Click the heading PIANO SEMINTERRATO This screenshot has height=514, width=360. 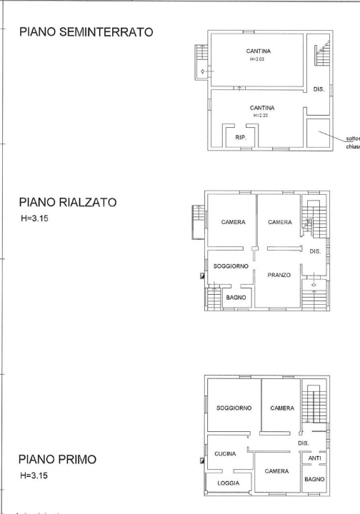[89, 34]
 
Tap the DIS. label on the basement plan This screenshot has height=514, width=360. [319, 89]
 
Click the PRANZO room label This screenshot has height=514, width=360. [278, 275]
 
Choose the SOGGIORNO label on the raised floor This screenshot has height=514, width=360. [231, 266]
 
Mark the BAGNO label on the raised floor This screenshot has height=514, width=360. [236, 296]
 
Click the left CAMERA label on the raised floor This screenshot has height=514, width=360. [233, 222]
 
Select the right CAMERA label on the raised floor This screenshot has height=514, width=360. [279, 222]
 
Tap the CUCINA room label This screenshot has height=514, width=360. [226, 453]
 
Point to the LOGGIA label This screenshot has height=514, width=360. [228, 483]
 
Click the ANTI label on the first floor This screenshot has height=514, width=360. [314, 458]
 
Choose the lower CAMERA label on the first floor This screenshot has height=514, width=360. [276, 472]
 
